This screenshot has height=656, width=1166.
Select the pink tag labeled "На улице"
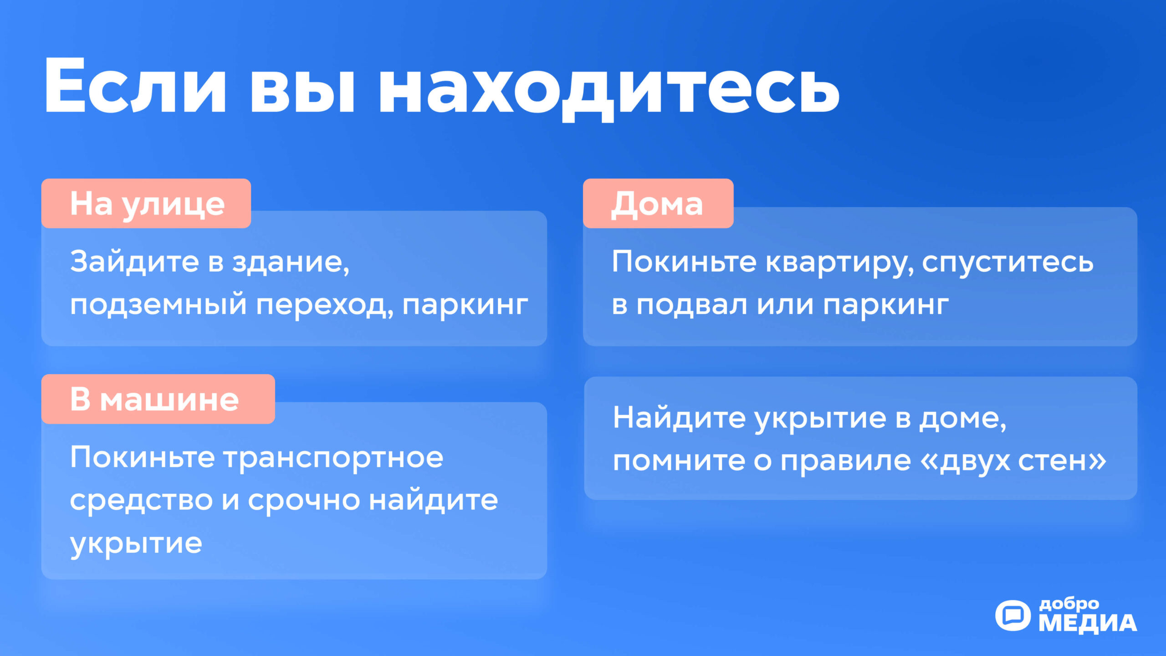click(x=146, y=203)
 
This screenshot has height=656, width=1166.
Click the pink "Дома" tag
click(x=658, y=203)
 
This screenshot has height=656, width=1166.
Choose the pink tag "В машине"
click(x=158, y=399)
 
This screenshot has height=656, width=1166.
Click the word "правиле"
click(x=846, y=461)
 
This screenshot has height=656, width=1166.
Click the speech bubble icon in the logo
click(x=1013, y=615)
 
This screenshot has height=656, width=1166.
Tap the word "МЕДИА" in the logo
click(x=1088, y=623)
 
